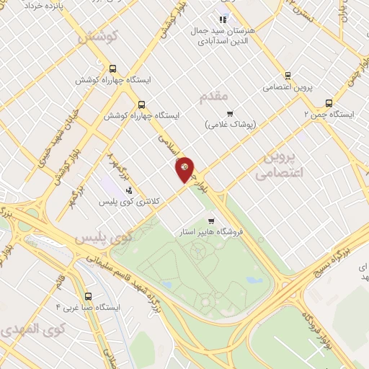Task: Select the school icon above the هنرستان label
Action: [223, 19]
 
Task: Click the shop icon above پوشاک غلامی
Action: [230, 113]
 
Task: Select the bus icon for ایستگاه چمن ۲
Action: [329, 103]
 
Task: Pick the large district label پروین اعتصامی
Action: [281, 164]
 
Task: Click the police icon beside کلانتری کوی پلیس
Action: [129, 190]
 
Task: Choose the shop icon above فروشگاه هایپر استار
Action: [210, 221]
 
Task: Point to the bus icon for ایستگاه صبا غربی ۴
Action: [88, 296]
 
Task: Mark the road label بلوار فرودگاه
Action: [317, 329]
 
